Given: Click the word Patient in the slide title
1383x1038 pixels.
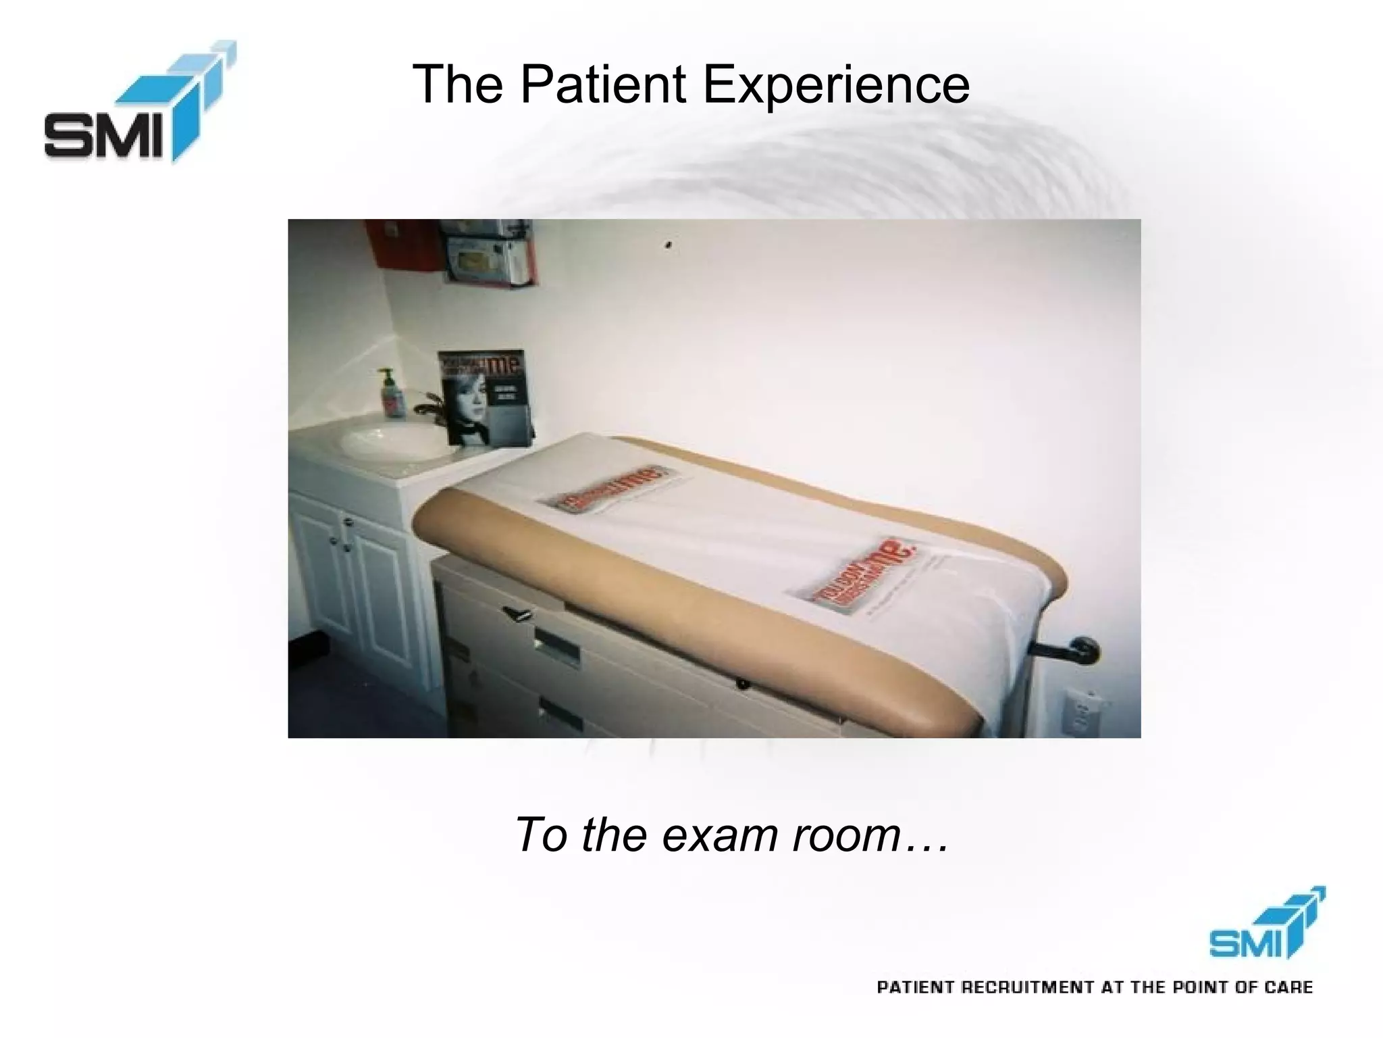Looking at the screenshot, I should pyautogui.click(x=602, y=84).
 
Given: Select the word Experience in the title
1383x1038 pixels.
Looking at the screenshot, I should pyautogui.click(x=836, y=86).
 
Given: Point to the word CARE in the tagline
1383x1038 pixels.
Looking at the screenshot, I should pyautogui.click(x=1289, y=987).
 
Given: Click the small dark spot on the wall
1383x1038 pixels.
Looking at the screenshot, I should pyautogui.click(x=669, y=244).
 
